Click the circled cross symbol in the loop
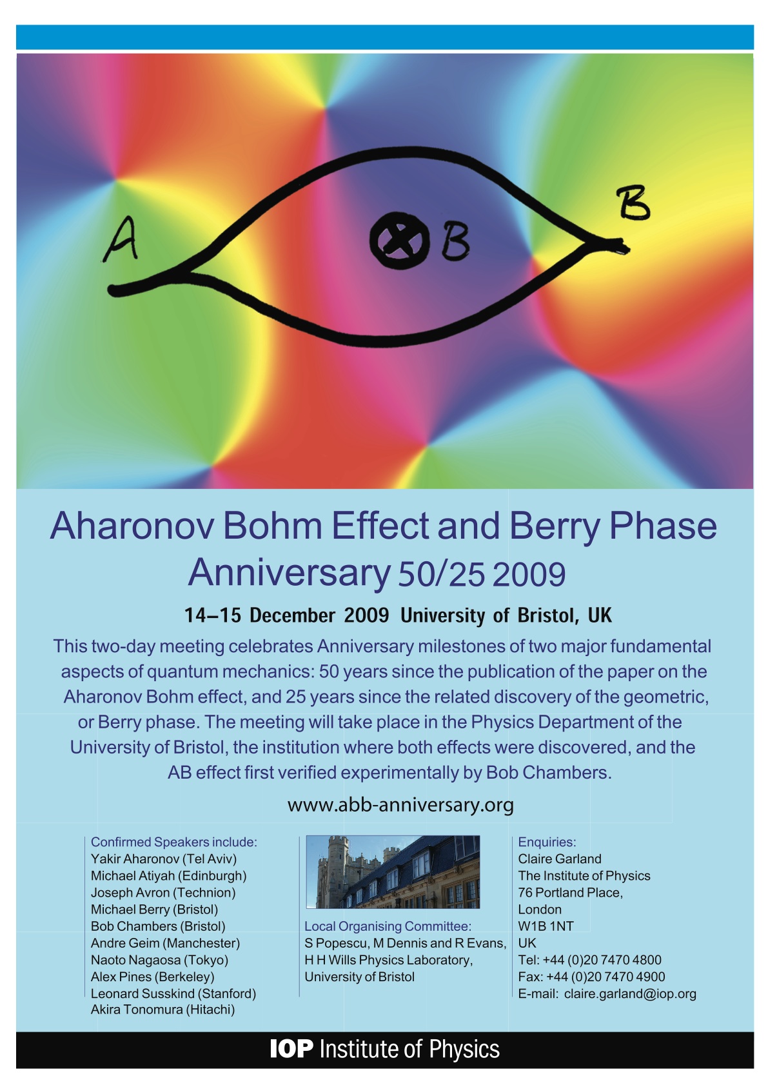[x=399, y=241]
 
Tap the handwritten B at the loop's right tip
[x=633, y=203]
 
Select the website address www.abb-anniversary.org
[x=400, y=806]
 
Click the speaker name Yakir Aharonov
[x=131, y=859]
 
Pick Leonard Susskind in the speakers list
[x=142, y=993]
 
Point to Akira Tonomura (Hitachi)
[x=162, y=1010]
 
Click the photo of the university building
[x=393, y=872]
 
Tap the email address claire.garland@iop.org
[x=630, y=994]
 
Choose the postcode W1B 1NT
[x=546, y=926]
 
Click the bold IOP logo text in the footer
[x=291, y=1049]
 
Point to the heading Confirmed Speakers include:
[x=173, y=842]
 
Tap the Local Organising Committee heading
[x=388, y=926]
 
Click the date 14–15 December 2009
[x=286, y=615]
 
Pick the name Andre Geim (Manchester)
[x=166, y=943]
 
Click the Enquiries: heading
[x=547, y=843]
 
